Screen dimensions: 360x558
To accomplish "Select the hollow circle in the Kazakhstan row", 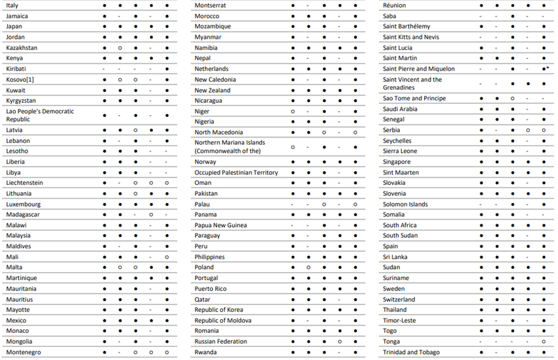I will click(120, 48).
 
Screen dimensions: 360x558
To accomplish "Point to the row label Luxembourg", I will click(24, 204).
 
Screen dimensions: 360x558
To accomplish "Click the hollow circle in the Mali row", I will click(167, 257).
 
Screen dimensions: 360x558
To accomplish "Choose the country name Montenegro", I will click(24, 352).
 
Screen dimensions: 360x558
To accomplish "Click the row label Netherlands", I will click(211, 69).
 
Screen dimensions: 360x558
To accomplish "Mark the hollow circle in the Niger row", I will click(293, 112).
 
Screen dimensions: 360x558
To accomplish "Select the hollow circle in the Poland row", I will click(308, 267).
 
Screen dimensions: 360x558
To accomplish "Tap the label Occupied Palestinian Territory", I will click(236, 173).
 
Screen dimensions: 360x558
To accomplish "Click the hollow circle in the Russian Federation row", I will click(340, 342).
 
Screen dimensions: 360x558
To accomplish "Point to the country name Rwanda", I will click(205, 352).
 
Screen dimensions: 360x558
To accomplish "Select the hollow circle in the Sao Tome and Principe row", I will click(512, 99).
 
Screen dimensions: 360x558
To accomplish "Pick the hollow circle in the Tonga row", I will click(543, 342).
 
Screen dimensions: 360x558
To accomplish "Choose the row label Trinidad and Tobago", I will click(411, 352).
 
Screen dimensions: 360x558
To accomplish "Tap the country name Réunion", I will click(394, 5).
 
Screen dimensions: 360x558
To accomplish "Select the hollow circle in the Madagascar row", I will click(151, 215).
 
